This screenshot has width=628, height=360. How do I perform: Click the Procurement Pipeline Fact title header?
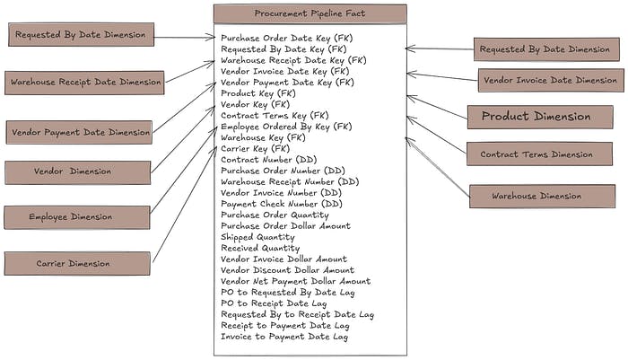point(310,14)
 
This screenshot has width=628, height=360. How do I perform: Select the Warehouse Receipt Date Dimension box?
point(84,83)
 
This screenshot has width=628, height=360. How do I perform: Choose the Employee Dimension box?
point(76,217)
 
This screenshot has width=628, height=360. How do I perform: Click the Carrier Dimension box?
point(76,263)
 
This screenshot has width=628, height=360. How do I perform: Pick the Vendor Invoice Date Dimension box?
point(549,81)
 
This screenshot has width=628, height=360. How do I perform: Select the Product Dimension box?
point(536,117)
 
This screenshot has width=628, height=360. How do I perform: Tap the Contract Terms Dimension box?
point(536,154)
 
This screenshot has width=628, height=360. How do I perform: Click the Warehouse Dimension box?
point(536,196)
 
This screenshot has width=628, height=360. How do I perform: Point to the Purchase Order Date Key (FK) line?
point(284,38)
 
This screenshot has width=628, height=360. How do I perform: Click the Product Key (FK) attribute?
point(257,93)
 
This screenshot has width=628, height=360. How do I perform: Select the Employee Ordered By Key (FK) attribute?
point(286,127)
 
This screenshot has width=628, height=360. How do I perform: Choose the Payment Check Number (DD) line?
point(281,204)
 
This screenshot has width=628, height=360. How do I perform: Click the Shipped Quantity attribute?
point(257,237)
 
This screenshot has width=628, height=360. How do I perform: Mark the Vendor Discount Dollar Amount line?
point(287,270)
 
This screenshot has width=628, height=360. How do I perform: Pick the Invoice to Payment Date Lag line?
point(284,337)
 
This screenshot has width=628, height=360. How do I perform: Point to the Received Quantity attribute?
point(260,248)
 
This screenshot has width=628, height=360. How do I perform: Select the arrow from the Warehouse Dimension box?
point(437,167)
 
